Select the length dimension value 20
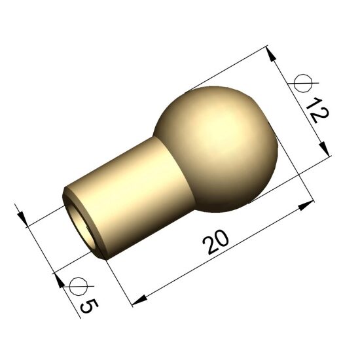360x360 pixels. [215, 242]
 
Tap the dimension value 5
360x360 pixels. [89, 306]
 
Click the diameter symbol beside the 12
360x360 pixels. [304, 83]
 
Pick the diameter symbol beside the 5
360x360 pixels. [79, 286]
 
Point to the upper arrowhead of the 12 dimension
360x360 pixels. [271, 54]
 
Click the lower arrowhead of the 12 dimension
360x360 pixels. [325, 149]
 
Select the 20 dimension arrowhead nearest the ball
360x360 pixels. [306, 205]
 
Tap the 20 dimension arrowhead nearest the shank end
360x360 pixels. [139, 300]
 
